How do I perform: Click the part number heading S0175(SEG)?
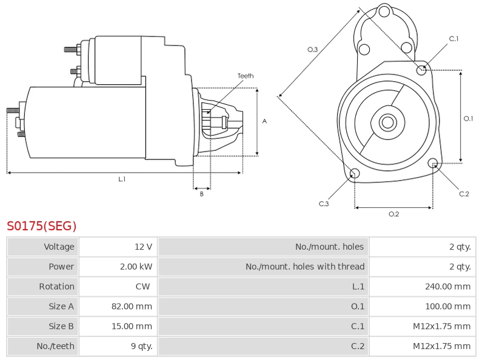tap(42, 227)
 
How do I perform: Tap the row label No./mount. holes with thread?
tap(305, 267)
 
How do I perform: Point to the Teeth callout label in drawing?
tap(246, 76)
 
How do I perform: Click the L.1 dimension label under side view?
tap(122, 179)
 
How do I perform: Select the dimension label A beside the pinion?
tap(264, 121)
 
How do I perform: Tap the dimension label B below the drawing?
tap(202, 194)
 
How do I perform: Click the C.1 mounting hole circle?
tap(422, 70)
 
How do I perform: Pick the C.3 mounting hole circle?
tap(355, 175)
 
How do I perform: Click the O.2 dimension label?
tap(393, 214)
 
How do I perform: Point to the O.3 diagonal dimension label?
tap(313, 50)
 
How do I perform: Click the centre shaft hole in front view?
tap(387, 122)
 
